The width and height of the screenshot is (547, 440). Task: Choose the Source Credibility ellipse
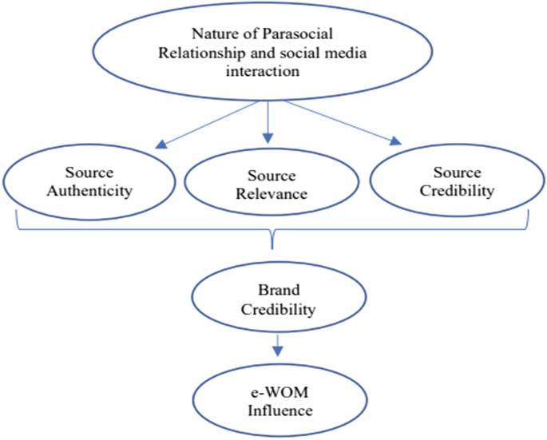[x=456, y=181]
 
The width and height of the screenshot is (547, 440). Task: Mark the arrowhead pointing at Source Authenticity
[x=161, y=145]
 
